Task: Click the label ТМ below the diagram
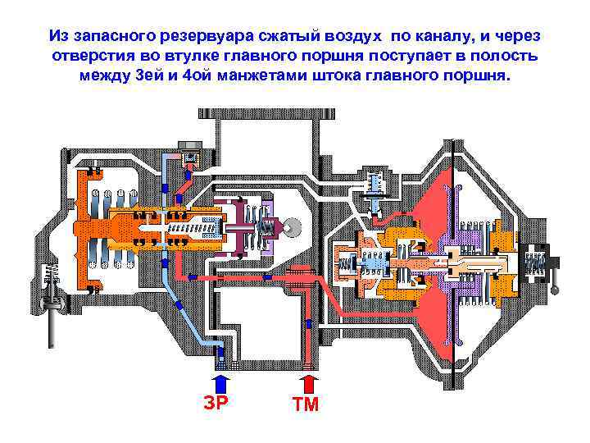(305, 404)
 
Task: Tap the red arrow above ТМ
(308, 383)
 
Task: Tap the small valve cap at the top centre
(193, 156)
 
